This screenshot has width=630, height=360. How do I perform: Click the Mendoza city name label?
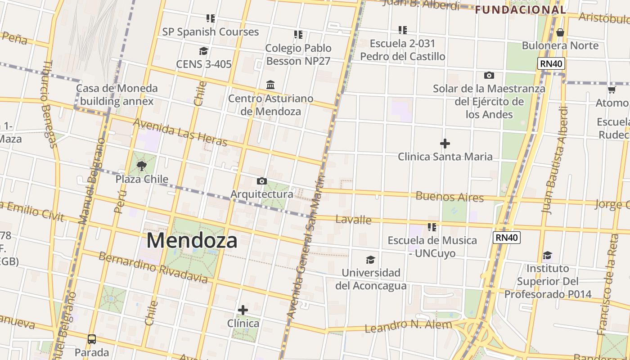[192, 241]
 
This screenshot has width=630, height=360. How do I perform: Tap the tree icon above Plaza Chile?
[142, 166]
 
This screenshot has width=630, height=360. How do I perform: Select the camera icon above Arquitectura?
[261, 181]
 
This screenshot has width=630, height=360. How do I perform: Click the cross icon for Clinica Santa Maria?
[445, 144]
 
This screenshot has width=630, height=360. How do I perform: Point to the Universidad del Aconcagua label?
[371, 279]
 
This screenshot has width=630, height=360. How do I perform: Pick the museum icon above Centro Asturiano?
[270, 85]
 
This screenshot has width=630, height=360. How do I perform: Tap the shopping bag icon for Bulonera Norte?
[560, 32]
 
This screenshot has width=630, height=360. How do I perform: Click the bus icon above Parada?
[92, 339]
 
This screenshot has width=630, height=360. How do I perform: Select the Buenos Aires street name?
[450, 197]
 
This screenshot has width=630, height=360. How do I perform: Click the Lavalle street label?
[354, 220]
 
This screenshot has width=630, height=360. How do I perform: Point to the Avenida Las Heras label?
[180, 132]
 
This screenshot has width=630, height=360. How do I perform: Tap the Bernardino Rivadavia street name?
[153, 268]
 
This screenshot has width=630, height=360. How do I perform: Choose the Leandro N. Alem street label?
[408, 326]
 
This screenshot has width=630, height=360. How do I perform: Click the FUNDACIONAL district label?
[520, 9]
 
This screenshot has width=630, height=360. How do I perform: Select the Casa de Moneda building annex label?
[117, 94]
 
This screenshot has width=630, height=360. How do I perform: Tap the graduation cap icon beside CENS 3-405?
[203, 51]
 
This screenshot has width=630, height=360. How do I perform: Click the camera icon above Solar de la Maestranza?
[489, 75]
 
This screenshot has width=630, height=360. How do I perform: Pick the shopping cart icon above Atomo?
[612, 90]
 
